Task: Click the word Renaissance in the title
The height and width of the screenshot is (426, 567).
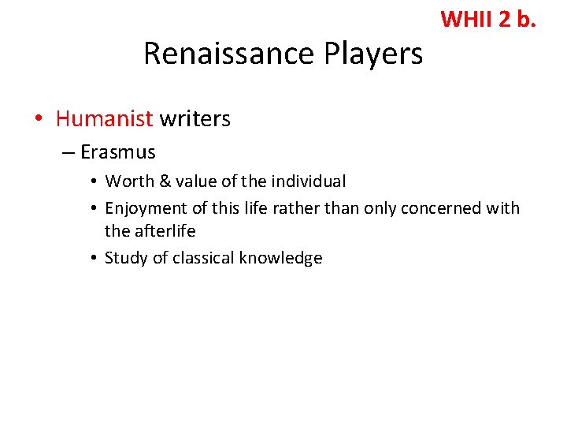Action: pyautogui.click(x=229, y=54)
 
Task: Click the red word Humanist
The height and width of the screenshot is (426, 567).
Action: pyautogui.click(x=104, y=118)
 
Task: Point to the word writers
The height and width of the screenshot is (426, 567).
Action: pyautogui.click(x=195, y=118)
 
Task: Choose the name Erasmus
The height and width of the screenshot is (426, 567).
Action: pyautogui.click(x=117, y=151)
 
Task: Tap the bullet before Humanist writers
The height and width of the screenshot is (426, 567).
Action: pyautogui.click(x=38, y=119)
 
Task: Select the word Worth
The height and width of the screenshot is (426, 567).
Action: pyautogui.click(x=130, y=181)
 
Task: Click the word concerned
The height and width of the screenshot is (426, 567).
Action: pyautogui.click(x=443, y=208)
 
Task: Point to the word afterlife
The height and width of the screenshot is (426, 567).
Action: pyautogui.click(x=164, y=231)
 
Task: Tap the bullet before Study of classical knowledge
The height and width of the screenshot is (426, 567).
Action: pyautogui.click(x=93, y=258)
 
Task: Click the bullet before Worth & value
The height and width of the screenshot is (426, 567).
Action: pyautogui.click(x=93, y=181)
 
